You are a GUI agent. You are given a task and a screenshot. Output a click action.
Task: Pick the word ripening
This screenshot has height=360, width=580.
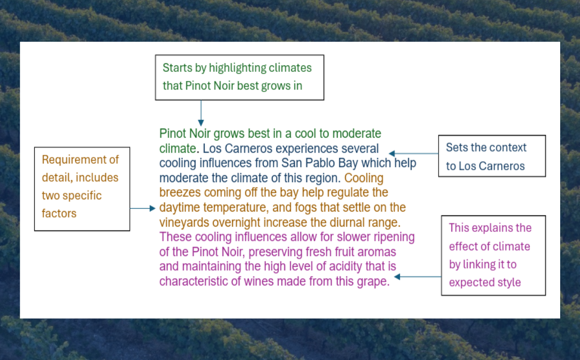point(394,237)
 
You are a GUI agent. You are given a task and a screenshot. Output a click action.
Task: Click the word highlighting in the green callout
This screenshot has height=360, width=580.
point(237,68)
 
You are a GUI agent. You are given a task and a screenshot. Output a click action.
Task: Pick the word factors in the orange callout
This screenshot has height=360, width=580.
point(59,214)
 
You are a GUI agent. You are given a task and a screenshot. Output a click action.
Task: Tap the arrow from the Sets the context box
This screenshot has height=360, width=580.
point(413,153)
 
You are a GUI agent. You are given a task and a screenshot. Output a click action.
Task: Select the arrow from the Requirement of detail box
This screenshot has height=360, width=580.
point(143,208)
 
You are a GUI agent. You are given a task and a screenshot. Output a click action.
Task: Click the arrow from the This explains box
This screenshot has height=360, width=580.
point(418,276)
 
